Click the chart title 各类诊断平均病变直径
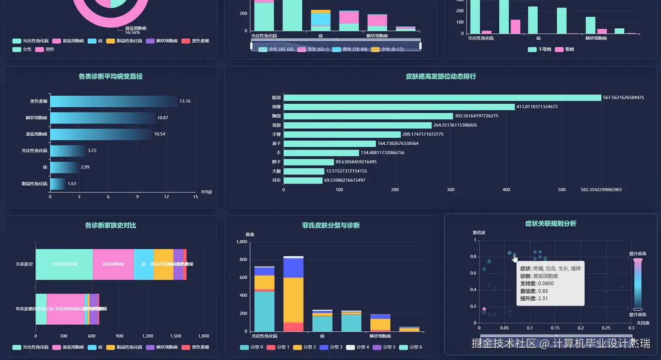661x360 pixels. (110, 76)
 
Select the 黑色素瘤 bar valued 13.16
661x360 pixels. (113, 101)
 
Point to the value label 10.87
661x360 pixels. (163, 118)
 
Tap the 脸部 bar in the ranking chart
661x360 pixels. (442, 98)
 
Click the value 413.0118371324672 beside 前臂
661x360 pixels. (537, 107)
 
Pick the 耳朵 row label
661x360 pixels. (276, 180)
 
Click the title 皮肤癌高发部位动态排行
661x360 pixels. (441, 76)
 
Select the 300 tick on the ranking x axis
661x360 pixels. (450, 190)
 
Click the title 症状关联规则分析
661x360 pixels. (551, 224)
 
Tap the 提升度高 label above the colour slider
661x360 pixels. (637, 254)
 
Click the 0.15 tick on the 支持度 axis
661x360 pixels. (555, 328)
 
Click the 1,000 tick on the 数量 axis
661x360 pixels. (242, 241)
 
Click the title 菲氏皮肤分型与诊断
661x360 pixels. (330, 225)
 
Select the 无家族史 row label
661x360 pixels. (24, 264)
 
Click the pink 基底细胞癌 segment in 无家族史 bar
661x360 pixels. (113, 264)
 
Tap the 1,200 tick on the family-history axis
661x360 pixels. (147, 336)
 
